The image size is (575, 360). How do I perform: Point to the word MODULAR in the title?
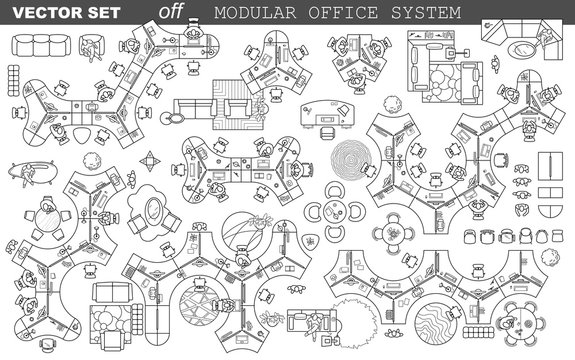click(x=252, y=13)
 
